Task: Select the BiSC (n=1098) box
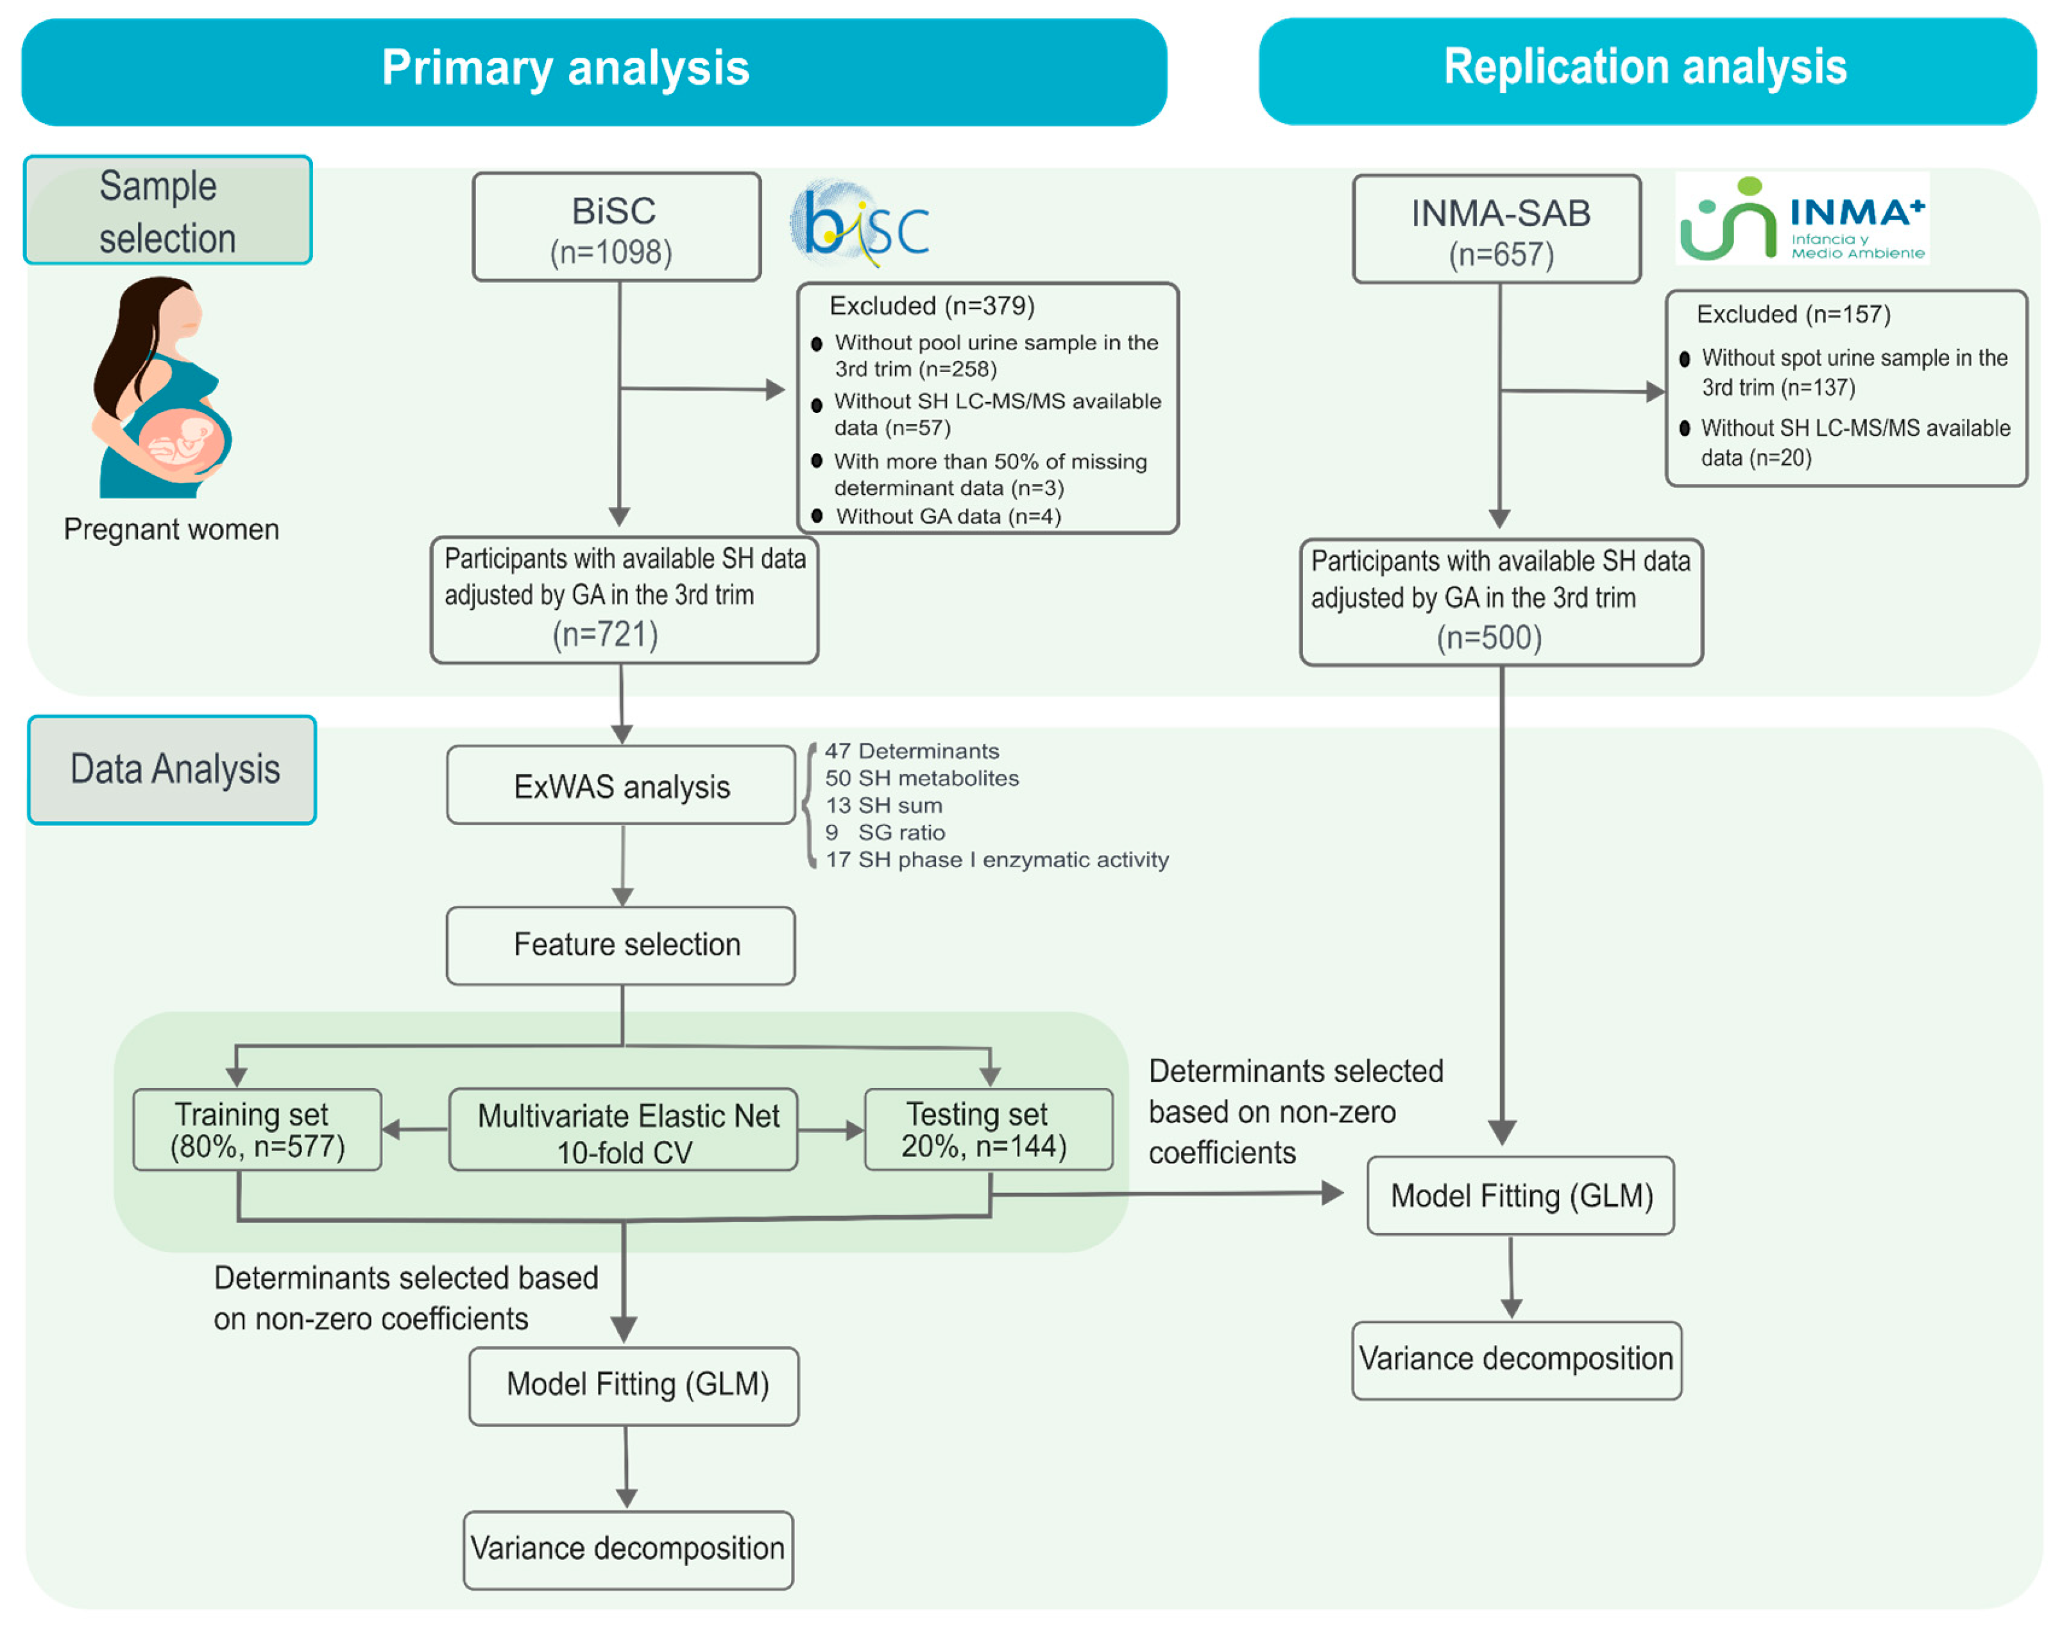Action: [617, 228]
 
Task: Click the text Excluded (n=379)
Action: [932, 307]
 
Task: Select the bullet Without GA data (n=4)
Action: [948, 517]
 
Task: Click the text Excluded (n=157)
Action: [1793, 315]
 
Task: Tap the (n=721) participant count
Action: [605, 634]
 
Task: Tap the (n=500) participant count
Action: [1489, 638]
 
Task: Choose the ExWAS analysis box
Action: [622, 787]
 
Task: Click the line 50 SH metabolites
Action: [921, 778]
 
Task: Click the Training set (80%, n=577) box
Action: [257, 1131]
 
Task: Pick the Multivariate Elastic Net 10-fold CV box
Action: [624, 1131]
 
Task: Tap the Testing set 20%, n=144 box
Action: [988, 1131]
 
